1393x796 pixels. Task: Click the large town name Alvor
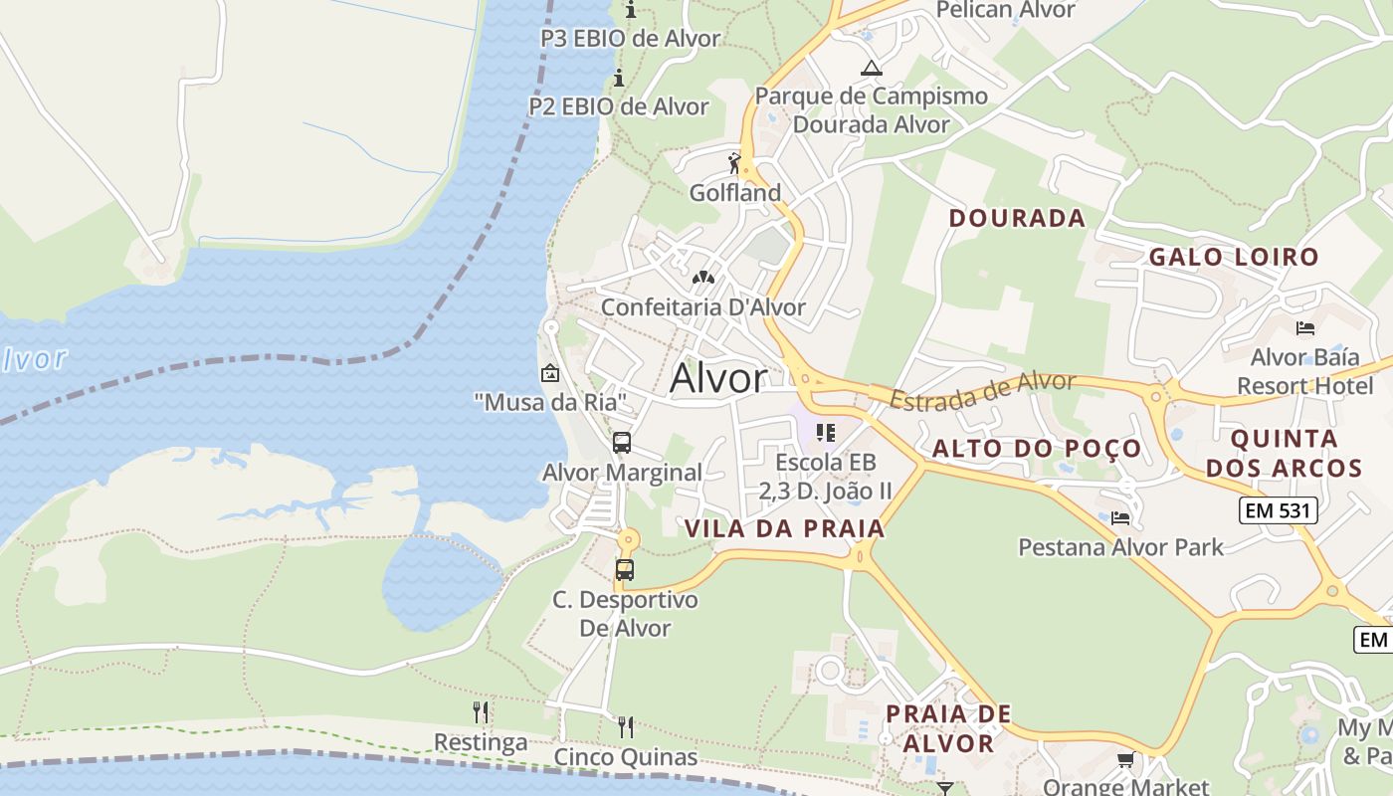718,378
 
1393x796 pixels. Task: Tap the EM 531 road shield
1278,511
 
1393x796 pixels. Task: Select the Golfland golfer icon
734,162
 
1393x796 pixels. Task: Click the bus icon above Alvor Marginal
622,443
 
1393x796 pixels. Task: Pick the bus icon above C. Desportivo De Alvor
625,570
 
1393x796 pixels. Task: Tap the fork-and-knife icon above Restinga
481,712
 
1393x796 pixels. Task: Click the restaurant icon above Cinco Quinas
626,726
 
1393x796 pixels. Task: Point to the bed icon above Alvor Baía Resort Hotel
1305,327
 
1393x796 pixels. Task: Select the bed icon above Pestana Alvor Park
1120,517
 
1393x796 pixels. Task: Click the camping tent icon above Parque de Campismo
872,68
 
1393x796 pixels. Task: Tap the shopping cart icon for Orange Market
1125,760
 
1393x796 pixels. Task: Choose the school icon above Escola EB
825,433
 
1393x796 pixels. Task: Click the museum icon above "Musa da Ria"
549,373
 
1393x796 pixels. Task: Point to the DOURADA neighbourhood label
1016,218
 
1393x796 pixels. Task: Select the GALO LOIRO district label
1234,257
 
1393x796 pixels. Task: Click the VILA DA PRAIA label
784,528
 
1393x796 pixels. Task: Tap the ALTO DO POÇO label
1036,449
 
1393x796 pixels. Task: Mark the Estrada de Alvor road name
983,391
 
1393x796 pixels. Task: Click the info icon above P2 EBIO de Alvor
619,78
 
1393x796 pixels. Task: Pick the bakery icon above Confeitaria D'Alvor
703,278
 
